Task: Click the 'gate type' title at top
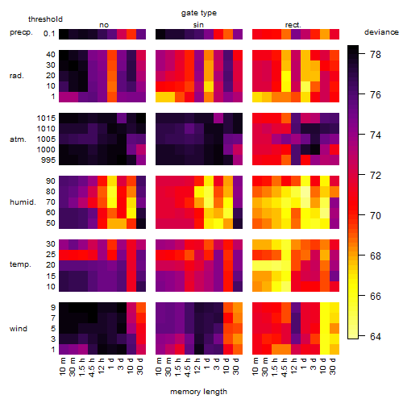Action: coord(199,13)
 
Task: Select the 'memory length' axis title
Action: coord(198,392)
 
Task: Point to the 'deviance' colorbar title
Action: coord(381,32)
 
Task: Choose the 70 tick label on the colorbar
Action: coord(376,215)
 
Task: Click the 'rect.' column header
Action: coord(293,25)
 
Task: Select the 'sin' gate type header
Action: coord(198,25)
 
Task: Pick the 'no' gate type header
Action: coord(104,25)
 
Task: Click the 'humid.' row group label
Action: coord(23,202)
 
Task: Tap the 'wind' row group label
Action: coord(19,329)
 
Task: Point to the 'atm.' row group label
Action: coord(18,139)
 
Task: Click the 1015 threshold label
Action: coord(46,118)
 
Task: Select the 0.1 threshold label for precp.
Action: coord(49,34)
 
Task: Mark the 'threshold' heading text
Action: coord(45,19)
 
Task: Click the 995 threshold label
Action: coord(48,160)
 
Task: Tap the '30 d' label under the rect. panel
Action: coord(333,366)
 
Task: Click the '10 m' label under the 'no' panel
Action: coord(62,366)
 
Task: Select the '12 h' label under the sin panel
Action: coord(197,366)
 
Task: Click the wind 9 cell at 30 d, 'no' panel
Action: coord(141,308)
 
